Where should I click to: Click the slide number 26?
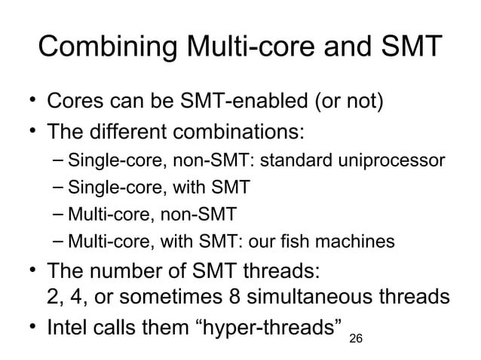[356, 340]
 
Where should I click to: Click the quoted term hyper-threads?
[268, 328]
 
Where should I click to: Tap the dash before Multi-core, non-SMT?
[60, 215]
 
